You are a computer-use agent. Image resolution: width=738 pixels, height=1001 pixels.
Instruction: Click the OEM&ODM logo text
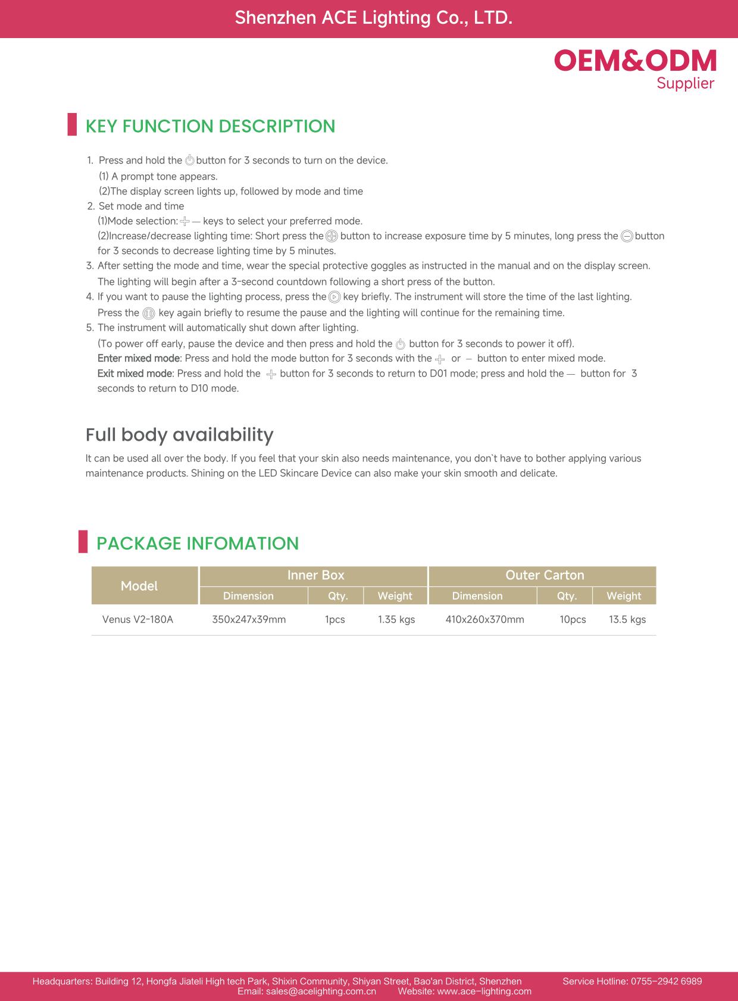coord(635,61)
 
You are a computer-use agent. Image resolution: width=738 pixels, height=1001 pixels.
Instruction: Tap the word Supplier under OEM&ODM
coord(685,83)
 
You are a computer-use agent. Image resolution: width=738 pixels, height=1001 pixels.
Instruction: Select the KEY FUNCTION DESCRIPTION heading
coord(210,126)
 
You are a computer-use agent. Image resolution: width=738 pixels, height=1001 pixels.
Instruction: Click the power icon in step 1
coord(190,161)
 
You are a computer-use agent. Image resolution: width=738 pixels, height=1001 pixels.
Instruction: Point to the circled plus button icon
coord(332,236)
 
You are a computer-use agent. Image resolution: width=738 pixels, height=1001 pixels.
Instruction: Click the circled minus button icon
coord(627,236)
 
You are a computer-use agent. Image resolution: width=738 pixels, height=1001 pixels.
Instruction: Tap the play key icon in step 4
coord(334,297)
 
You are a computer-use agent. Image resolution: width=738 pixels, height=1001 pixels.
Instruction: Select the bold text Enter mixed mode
coord(138,358)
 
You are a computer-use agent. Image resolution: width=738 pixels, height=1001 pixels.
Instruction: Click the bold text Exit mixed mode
coord(135,374)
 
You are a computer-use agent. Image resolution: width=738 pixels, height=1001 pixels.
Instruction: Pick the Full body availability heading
coord(179,435)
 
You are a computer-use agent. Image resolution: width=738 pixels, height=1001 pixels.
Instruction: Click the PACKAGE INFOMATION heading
coord(197,543)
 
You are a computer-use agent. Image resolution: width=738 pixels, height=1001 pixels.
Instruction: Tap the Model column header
coord(139,586)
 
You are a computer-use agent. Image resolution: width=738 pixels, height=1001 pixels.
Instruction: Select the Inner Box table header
coord(315,575)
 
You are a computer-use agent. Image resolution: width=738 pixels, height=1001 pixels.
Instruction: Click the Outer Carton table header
coord(545,575)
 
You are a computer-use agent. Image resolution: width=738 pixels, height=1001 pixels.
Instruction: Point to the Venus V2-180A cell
coord(137,619)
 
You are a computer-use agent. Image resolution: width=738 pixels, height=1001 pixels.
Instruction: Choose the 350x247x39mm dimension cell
coord(249,619)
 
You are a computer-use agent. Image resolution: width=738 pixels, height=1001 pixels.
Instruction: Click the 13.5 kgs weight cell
coord(627,619)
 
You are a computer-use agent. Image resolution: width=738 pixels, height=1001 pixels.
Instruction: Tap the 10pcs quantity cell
coord(573,619)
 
